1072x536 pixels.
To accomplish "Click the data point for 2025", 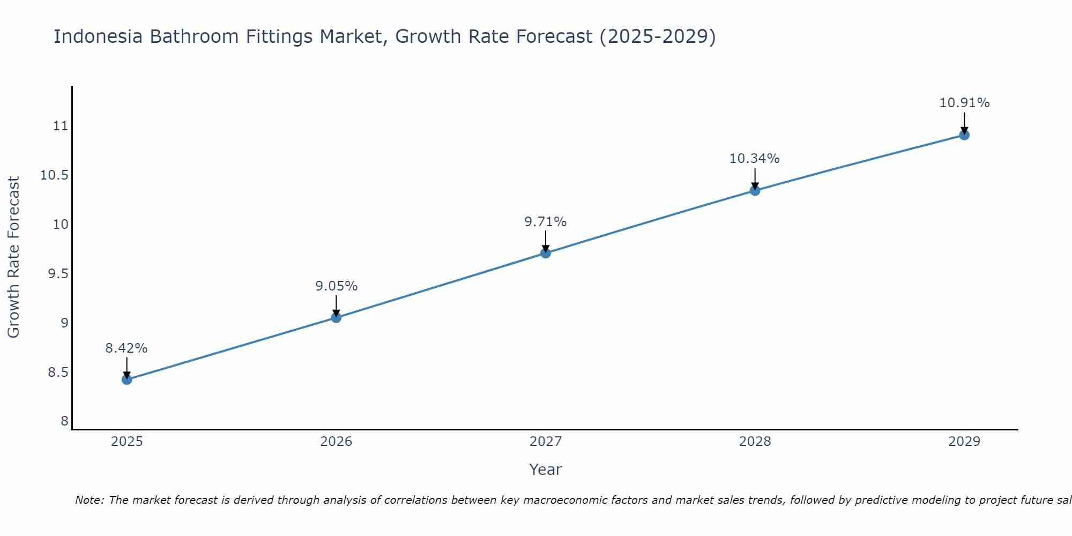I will tap(126, 379).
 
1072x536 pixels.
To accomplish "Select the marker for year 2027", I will tap(545, 252).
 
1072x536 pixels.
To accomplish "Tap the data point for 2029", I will tap(964, 135).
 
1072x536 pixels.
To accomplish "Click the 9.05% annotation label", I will tap(336, 286).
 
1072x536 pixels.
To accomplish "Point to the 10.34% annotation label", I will tap(754, 159).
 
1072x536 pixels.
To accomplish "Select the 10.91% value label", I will tap(964, 103).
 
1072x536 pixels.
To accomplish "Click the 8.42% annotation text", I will tap(126, 348).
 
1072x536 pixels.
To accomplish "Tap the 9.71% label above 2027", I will tap(545, 222).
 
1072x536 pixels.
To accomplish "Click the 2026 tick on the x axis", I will tap(336, 442).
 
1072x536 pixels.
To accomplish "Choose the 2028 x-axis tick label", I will tap(755, 442).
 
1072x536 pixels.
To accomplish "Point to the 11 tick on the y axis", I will tap(61, 126).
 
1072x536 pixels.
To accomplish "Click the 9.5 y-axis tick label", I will tap(58, 274).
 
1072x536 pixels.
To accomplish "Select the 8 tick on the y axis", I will tap(65, 421).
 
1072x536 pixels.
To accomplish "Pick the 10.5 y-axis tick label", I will tap(55, 175).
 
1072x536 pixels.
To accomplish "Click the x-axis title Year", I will tap(545, 470).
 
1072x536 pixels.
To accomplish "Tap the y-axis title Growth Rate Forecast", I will tap(13, 257).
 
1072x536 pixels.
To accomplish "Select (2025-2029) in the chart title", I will tap(657, 36).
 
